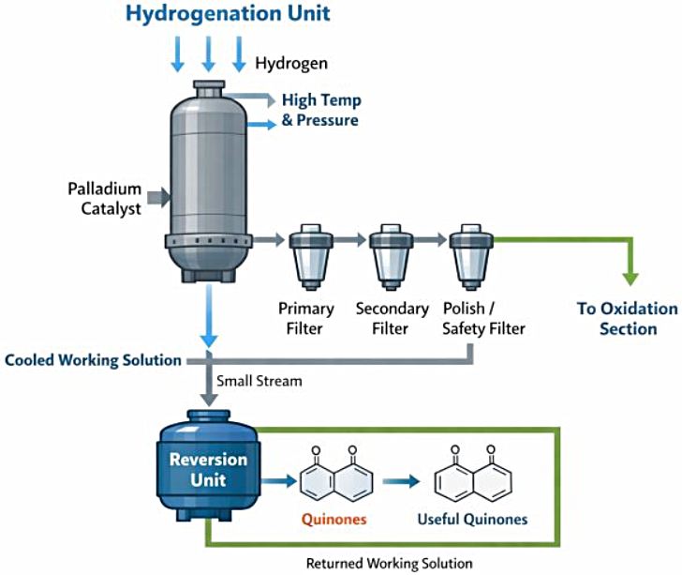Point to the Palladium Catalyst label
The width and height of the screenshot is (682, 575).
[104, 197]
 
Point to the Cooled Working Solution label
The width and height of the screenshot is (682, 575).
[93, 360]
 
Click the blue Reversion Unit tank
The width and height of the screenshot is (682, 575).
[208, 468]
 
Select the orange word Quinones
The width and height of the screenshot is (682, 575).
[332, 519]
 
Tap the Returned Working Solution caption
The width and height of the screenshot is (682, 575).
[390, 563]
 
